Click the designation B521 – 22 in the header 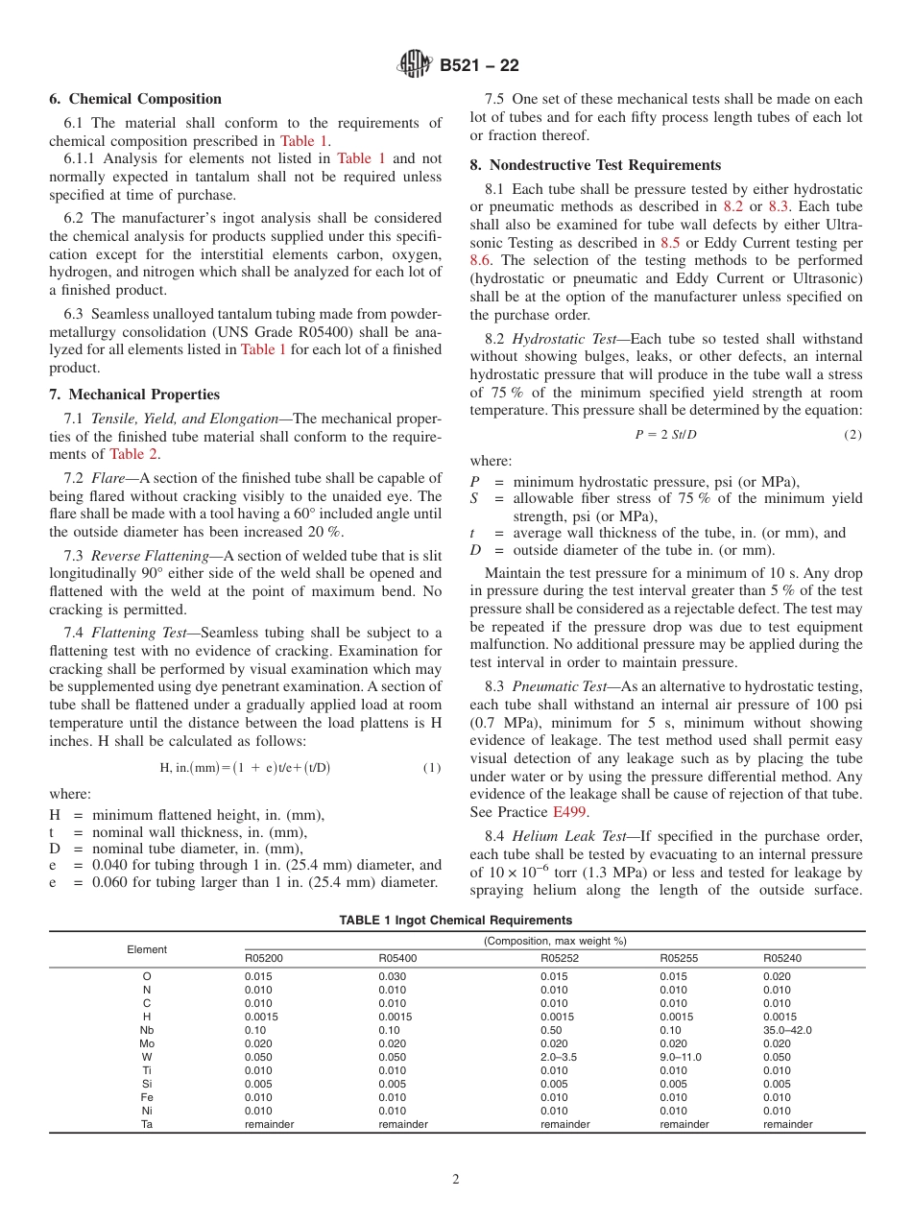[479, 66]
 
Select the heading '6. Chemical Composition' [135, 99]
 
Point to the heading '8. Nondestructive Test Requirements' [595, 165]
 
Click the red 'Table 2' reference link [134, 454]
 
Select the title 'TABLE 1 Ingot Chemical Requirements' [455, 921]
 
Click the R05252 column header [560, 958]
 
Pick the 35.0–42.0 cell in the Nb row [787, 1030]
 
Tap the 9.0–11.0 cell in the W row [681, 1057]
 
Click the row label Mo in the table [147, 1043]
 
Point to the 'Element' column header [147, 949]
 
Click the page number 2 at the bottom [456, 1180]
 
